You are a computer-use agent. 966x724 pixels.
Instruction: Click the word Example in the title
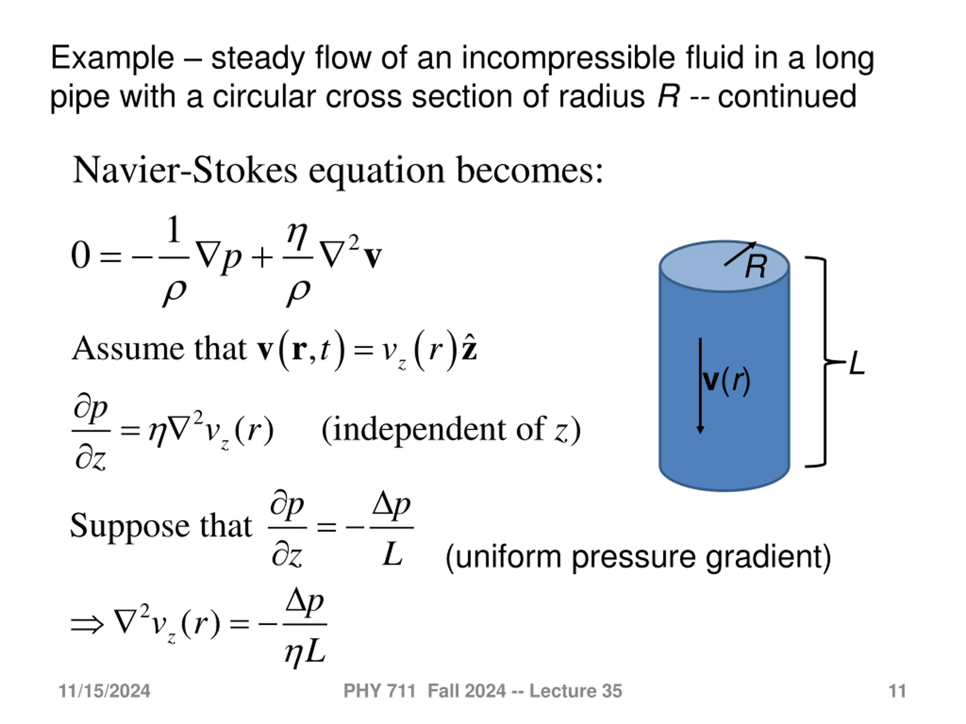point(112,58)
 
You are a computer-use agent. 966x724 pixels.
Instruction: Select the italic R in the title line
point(669,97)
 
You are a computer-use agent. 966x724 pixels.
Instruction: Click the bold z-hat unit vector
point(469,349)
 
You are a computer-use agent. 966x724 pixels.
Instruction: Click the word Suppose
point(130,526)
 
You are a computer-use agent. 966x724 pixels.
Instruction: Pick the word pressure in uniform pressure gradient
point(634,557)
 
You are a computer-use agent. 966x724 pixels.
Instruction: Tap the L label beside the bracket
point(857,364)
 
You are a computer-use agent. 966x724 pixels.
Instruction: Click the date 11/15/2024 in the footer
point(105,691)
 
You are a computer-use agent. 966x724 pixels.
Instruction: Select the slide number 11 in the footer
point(897,691)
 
